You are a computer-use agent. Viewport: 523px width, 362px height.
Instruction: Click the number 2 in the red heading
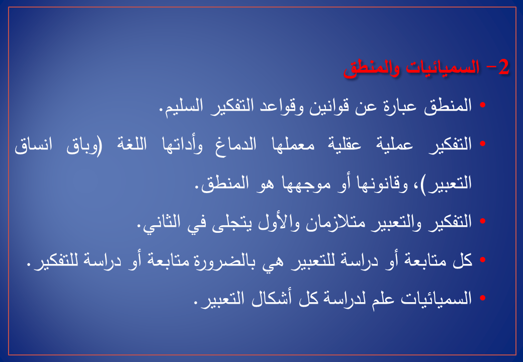pyautogui.click(x=504, y=67)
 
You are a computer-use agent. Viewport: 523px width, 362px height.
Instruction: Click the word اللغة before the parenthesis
pyautogui.click(x=132, y=145)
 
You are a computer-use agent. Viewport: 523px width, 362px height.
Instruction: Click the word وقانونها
pyautogui.click(x=382, y=184)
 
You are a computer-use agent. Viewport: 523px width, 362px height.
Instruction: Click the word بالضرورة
pyautogui.click(x=225, y=260)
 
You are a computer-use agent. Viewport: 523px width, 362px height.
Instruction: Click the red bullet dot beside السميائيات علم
pyautogui.click(x=482, y=298)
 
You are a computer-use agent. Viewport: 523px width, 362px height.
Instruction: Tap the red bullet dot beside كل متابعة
pyautogui.click(x=482, y=259)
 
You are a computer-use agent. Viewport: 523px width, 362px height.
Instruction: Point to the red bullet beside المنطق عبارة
pyautogui.click(x=482, y=105)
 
